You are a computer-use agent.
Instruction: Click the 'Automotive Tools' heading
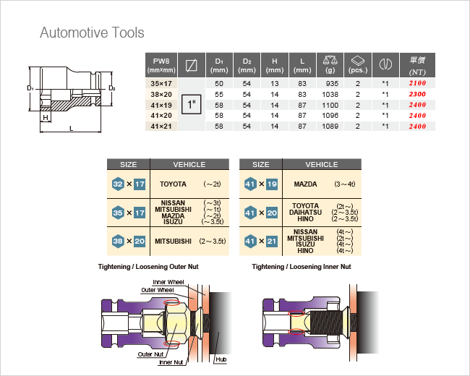92,33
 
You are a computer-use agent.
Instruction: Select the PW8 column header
161,66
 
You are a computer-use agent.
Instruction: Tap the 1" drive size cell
192,105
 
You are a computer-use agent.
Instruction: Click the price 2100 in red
417,85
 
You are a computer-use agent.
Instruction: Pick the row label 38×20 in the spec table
161,95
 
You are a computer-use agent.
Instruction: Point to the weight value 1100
330,105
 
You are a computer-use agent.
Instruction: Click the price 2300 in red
417,95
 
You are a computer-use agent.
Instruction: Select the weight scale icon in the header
330,61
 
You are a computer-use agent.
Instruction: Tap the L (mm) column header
303,66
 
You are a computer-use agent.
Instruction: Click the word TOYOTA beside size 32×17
173,184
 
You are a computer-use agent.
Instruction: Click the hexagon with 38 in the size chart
118,241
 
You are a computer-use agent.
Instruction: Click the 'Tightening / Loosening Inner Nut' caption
301,267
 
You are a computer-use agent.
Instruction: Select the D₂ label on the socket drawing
112,88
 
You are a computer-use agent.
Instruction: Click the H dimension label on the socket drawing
45,117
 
